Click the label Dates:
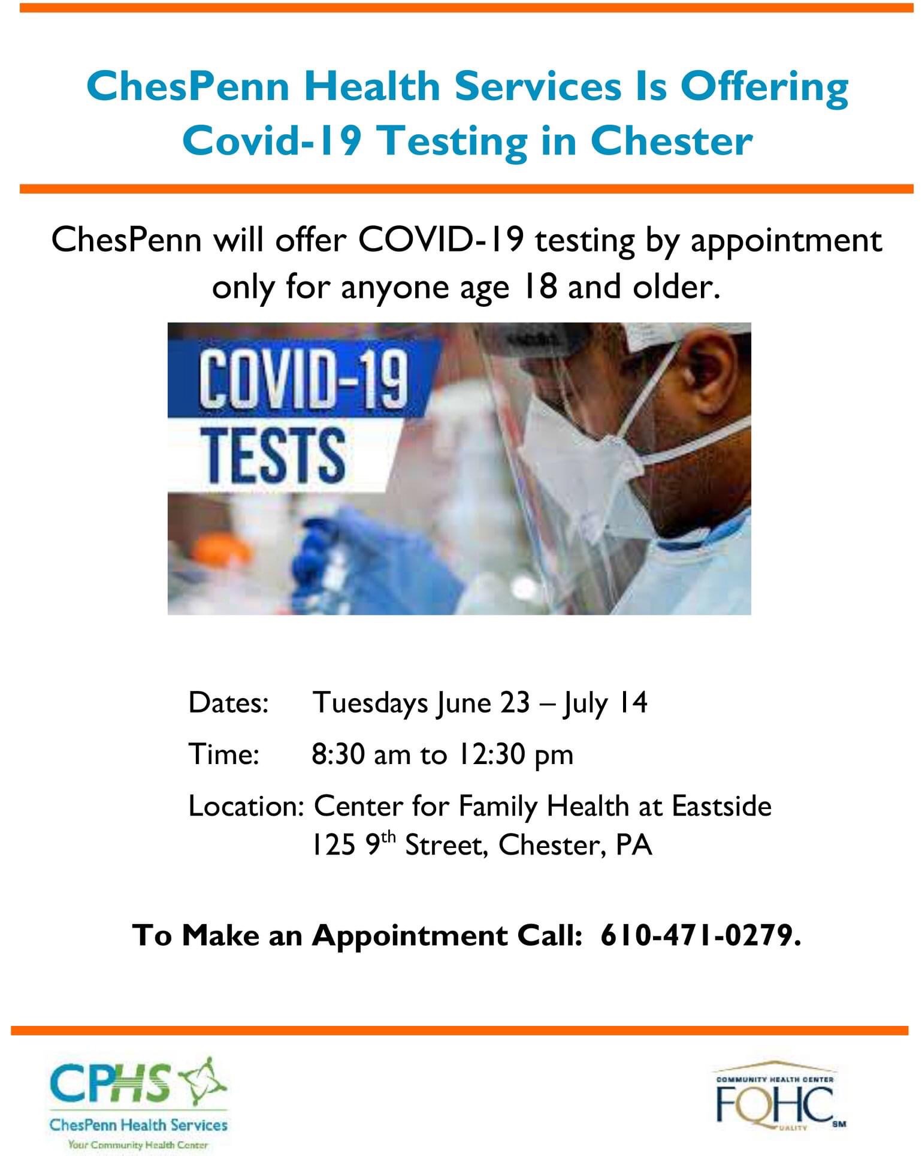click(x=228, y=703)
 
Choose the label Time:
click(x=224, y=754)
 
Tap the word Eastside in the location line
click(x=722, y=806)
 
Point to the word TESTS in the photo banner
click(x=273, y=455)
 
